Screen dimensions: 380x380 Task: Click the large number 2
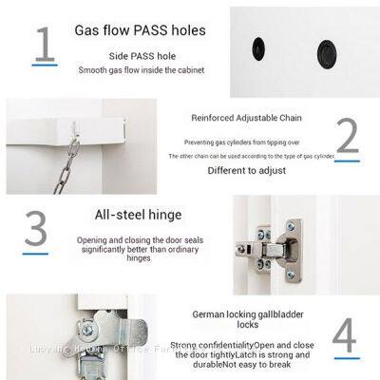tap(347, 137)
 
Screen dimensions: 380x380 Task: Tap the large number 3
tap(35, 229)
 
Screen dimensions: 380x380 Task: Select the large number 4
tap(345, 334)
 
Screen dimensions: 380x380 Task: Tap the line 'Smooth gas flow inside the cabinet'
tap(141, 70)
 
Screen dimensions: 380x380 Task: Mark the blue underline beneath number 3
tap(36, 251)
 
